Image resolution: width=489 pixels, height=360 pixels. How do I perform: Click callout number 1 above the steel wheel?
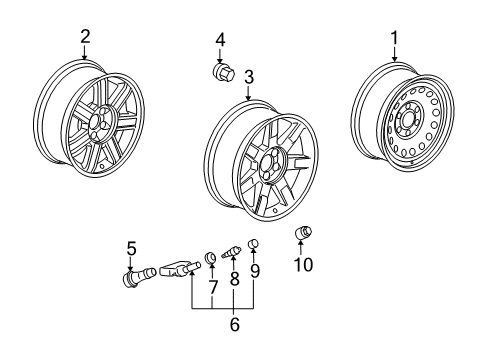click(x=393, y=38)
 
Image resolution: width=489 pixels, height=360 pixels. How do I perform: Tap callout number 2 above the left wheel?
click(x=85, y=37)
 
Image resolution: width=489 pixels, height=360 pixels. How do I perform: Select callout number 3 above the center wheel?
click(x=248, y=76)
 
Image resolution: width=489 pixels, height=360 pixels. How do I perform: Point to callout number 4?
click(x=219, y=41)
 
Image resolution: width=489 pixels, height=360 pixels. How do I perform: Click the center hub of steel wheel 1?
click(x=408, y=128)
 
